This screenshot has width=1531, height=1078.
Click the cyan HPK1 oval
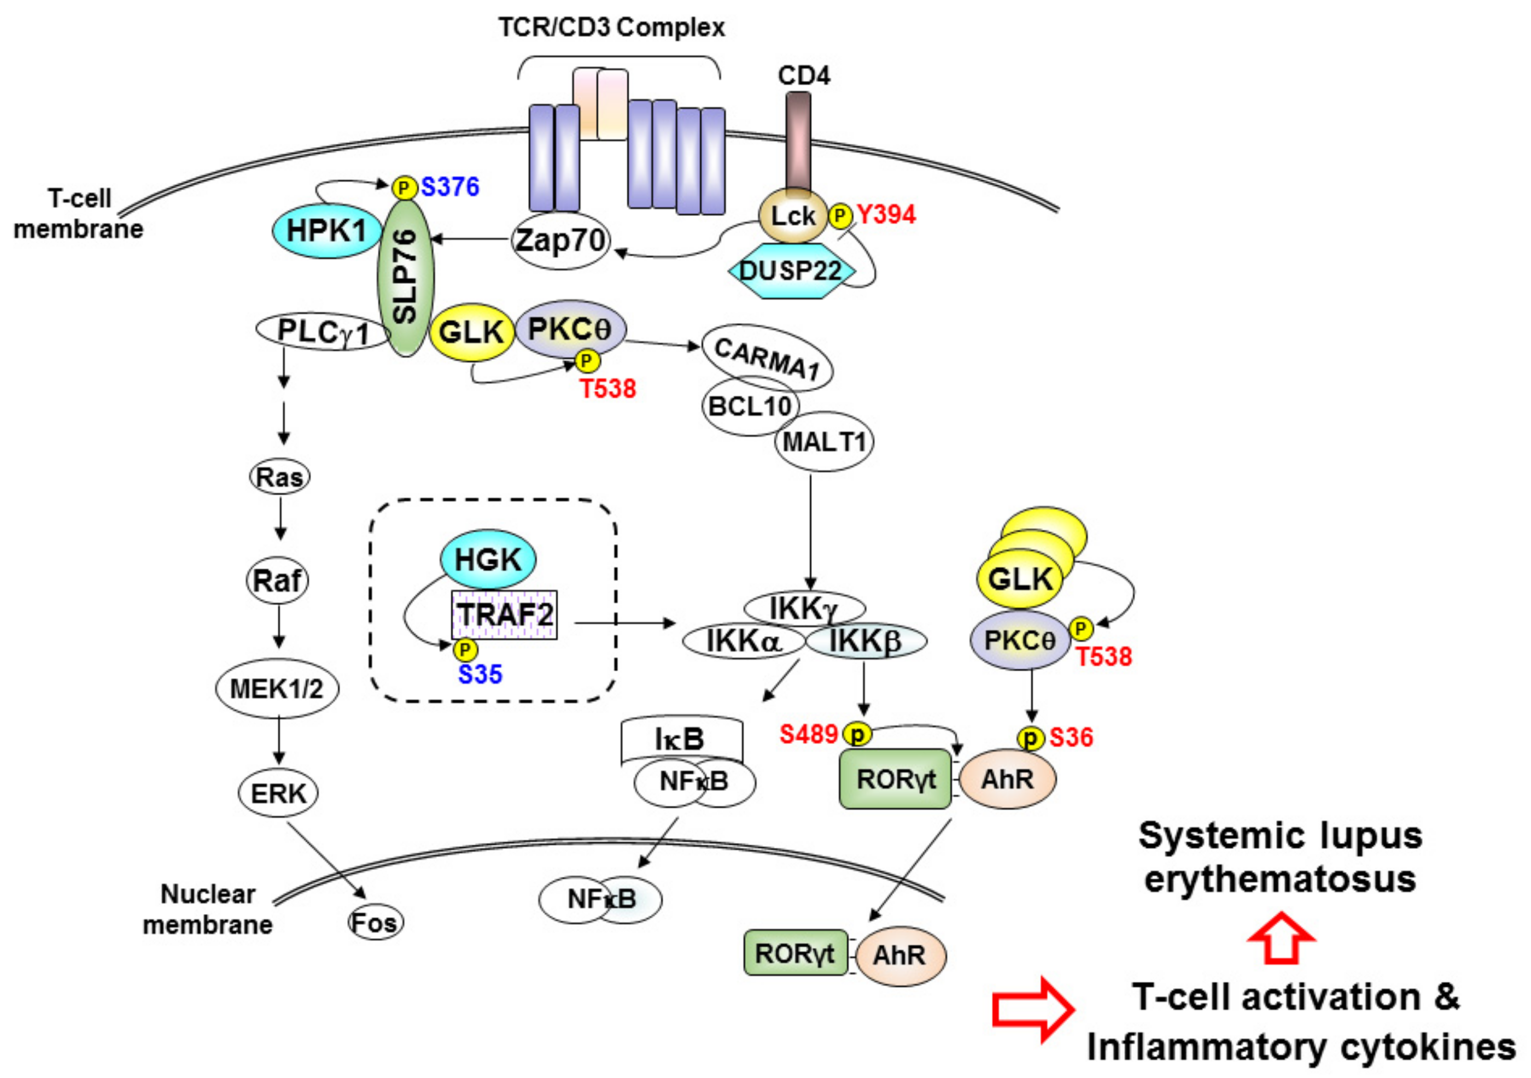325,231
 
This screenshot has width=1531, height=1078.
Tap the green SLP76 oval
405,277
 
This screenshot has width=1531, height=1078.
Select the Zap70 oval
560,241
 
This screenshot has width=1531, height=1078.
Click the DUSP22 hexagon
790,271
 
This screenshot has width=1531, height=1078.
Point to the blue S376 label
450,186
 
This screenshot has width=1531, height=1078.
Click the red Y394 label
886,215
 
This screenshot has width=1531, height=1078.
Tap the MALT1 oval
824,441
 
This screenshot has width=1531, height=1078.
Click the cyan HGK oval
487,559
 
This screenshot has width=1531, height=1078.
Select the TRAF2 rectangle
505,614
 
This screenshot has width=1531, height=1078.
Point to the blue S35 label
480,675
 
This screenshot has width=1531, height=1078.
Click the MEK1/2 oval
277,689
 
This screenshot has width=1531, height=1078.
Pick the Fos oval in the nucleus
376,923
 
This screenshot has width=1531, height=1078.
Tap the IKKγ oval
804,608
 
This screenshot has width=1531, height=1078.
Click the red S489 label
808,735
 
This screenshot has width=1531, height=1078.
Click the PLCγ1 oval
323,331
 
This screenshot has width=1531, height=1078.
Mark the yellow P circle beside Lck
840,215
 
